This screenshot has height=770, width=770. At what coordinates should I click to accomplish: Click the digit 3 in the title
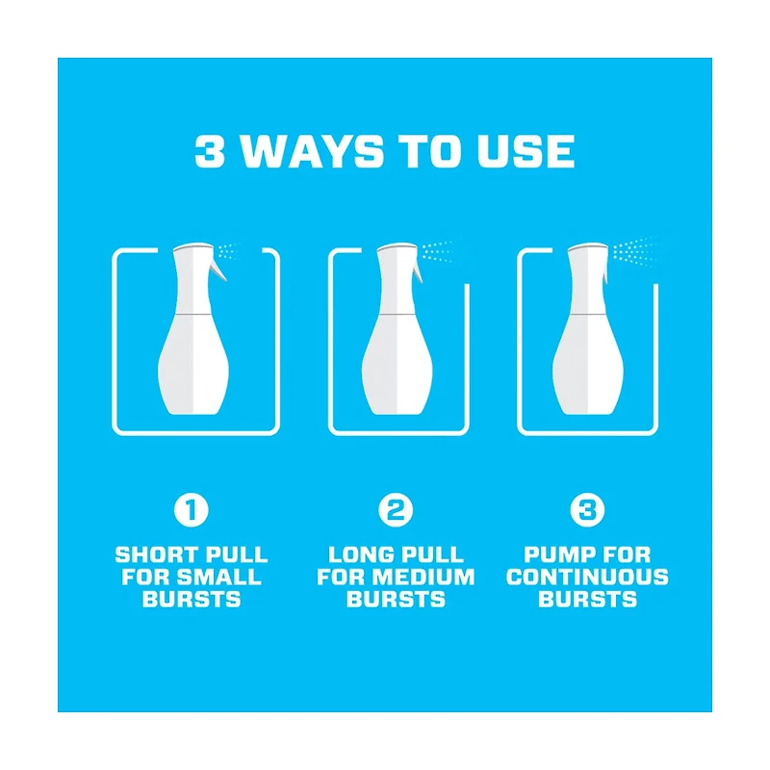click(x=210, y=151)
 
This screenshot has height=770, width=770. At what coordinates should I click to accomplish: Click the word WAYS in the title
click(x=314, y=151)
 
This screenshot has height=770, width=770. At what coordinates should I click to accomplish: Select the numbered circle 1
click(x=192, y=510)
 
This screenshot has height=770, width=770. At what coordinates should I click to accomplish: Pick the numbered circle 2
click(x=396, y=510)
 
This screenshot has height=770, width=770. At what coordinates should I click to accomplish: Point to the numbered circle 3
click(x=587, y=510)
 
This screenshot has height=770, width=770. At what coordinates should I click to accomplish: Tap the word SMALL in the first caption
click(x=219, y=577)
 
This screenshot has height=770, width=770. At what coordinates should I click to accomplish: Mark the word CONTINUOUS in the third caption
click(x=587, y=577)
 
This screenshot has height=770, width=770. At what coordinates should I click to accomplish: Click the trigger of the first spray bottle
click(x=218, y=269)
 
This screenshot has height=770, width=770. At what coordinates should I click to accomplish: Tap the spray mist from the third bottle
click(x=637, y=251)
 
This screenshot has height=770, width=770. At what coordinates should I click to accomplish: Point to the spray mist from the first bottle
click(x=228, y=252)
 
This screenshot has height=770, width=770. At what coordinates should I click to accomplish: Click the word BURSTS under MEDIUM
click(x=396, y=599)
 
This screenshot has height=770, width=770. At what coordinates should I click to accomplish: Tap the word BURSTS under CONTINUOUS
click(x=587, y=599)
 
